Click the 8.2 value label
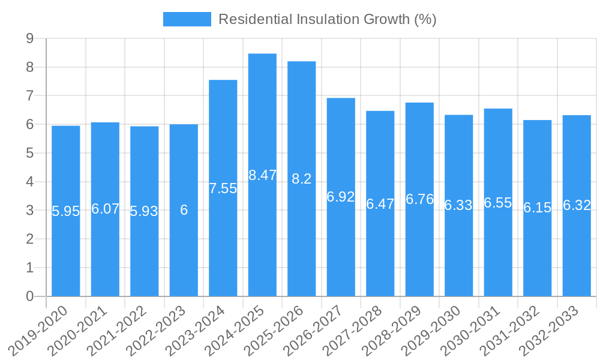click(301, 179)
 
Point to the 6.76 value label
click(419, 199)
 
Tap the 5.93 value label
click(144, 211)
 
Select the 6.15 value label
click(537, 208)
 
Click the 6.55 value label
click(498, 203)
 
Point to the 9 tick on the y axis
click(29, 39)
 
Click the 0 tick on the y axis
click(29, 296)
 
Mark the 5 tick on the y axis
click(29, 154)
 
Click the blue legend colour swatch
click(187, 19)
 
